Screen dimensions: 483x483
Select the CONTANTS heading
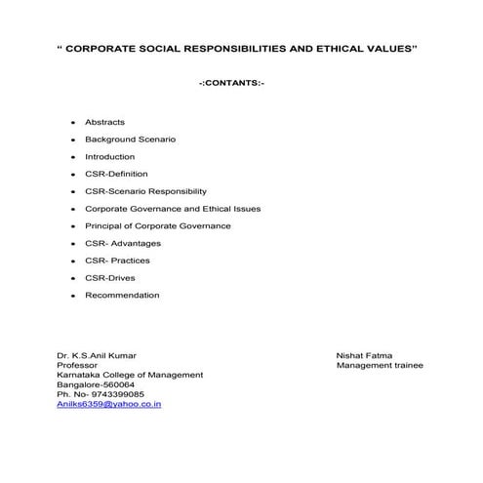click(x=232, y=85)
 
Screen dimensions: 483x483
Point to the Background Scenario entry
click(x=130, y=140)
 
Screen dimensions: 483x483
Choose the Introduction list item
click(x=109, y=156)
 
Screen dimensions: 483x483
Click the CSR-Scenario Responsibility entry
click(x=145, y=191)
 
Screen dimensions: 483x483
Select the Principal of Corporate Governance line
click(x=157, y=225)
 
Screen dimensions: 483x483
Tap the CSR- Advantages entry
click(x=123, y=243)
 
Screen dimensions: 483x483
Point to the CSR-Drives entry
click(x=109, y=277)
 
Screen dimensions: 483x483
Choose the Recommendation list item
click(x=121, y=295)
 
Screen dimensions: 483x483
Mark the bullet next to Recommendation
click(x=73, y=296)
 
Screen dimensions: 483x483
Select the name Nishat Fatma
click(x=364, y=355)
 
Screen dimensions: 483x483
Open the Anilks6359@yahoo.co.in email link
click(x=109, y=403)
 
